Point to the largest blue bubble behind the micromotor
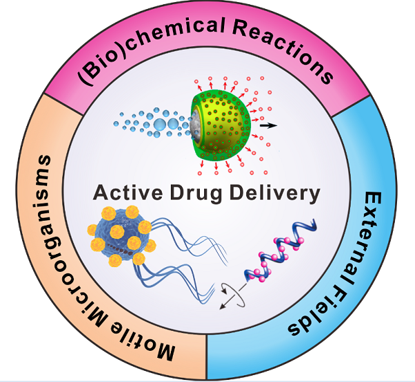pos(178,125)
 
